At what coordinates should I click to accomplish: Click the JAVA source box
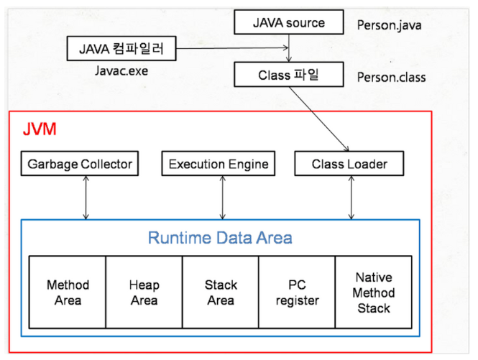click(x=289, y=22)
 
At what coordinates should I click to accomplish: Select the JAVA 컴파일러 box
click(x=121, y=48)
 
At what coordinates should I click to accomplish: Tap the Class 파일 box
click(x=289, y=75)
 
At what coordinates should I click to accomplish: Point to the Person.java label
click(x=390, y=25)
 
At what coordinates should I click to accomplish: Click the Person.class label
click(x=392, y=77)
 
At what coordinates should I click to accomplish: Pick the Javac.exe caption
click(x=121, y=70)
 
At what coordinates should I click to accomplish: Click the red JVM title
click(x=40, y=129)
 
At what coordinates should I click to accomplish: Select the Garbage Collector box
click(x=80, y=163)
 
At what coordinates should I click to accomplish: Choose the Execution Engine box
click(x=219, y=163)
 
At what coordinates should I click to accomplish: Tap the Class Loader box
click(x=349, y=163)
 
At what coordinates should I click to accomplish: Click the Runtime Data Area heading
click(x=220, y=238)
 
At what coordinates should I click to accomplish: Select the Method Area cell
click(x=68, y=292)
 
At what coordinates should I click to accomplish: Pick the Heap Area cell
click(x=144, y=292)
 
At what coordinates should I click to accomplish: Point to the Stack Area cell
click(x=221, y=292)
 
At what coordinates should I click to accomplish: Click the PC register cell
click(x=297, y=292)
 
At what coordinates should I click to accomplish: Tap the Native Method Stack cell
click(x=374, y=292)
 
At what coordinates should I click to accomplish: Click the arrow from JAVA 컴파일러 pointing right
click(x=232, y=48)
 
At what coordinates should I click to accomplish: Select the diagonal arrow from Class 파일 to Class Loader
click(x=319, y=119)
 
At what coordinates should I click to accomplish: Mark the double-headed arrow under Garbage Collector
click(x=86, y=198)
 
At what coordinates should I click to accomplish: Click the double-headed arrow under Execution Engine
click(x=223, y=198)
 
